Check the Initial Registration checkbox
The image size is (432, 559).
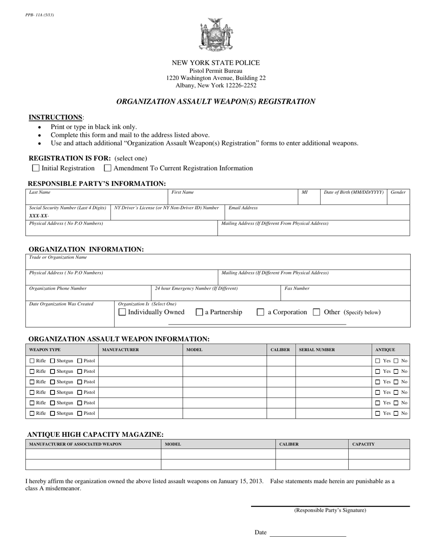coord(36,168)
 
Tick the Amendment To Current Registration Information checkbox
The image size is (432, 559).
coord(108,168)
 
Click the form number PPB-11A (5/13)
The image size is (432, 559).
coord(40,15)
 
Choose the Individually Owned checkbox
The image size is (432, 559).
coord(122,312)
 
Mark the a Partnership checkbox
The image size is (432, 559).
coord(199,312)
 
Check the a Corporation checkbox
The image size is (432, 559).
coord(261,312)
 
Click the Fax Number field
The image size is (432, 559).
coord(345,294)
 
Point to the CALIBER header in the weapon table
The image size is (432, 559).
coord(281,350)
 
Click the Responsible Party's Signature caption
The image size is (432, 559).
coord(330,510)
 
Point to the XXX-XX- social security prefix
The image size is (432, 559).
coord(39,215)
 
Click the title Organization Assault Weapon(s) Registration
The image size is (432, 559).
coord(216,101)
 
